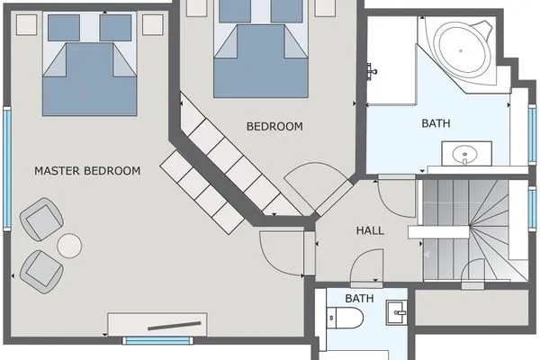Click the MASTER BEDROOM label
[87, 170]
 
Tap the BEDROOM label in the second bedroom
[274, 126]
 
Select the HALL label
[370, 230]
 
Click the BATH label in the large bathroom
[436, 123]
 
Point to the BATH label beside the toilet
[359, 298]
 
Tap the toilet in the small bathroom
[345, 318]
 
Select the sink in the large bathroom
[466, 154]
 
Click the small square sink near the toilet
[397, 312]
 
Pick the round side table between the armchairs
[69, 246]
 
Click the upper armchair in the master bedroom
[41, 220]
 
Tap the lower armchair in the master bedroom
[41, 272]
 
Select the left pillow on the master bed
[64, 28]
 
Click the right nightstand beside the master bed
[153, 24]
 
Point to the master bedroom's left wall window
[7, 168]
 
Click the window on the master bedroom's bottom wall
[157, 341]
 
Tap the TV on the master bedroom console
[175, 326]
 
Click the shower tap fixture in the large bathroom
[372, 71]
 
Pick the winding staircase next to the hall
[475, 230]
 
